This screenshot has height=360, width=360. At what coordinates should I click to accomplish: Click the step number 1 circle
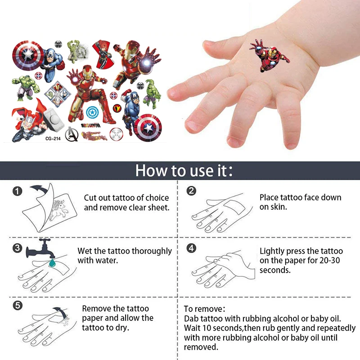click(17, 192)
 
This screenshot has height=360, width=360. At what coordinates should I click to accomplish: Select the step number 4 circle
click(192, 248)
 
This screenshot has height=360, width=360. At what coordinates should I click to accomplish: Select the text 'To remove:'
click(204, 309)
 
